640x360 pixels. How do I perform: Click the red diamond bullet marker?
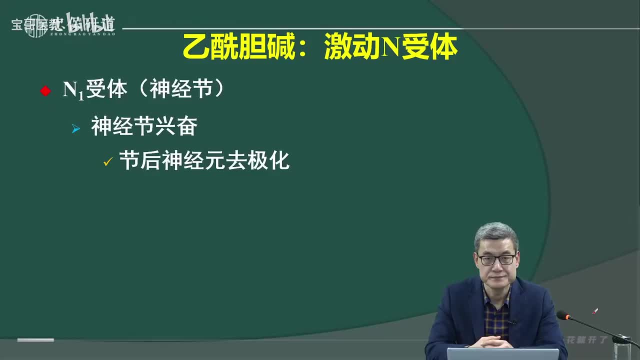(45, 91)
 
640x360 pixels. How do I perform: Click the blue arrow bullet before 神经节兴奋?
(76, 129)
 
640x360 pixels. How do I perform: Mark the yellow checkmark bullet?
(106, 162)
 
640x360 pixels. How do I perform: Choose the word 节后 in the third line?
(140, 161)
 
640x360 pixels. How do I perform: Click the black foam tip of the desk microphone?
(563, 315)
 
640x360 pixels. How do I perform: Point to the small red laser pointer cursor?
(595, 311)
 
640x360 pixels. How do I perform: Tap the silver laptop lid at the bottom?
(502, 354)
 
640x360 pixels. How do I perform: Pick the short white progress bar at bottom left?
(35, 340)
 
